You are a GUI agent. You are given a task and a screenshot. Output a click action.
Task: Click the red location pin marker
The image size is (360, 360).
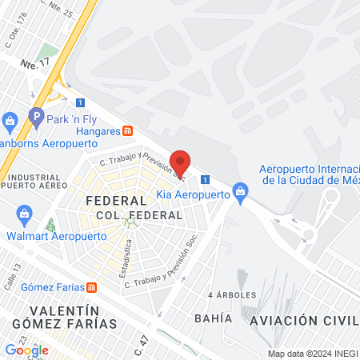(x=182, y=162)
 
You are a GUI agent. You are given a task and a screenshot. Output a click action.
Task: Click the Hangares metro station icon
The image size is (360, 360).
(x=127, y=131)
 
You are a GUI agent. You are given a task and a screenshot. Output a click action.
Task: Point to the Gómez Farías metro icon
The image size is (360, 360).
(x=92, y=287)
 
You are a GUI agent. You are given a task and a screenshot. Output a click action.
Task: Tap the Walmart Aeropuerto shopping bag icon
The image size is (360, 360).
(x=24, y=214)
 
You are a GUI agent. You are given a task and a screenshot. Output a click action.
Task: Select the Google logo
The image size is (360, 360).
(x=26, y=350)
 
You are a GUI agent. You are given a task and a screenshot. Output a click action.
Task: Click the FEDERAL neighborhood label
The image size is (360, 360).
(x=116, y=201)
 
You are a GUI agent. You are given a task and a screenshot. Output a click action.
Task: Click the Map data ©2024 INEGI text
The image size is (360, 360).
(x=312, y=353)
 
